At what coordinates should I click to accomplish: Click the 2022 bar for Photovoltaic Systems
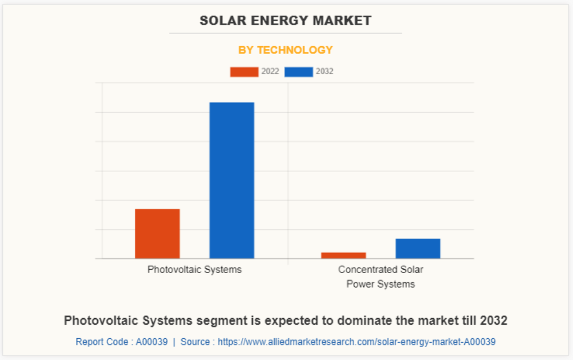coord(157,233)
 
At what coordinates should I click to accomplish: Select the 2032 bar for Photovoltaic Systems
coord(232,180)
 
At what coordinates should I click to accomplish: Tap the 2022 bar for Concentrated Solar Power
coord(344,255)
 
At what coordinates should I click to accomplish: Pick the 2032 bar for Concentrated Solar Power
coord(418,248)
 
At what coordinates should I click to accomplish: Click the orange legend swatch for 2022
coord(244,72)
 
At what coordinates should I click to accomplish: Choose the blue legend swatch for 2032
coord(298,72)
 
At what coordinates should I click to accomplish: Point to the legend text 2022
coord(270,72)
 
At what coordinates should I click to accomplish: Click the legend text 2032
coord(325,72)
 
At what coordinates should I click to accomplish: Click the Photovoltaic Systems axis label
coord(194,269)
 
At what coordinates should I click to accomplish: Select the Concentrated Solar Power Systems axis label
coord(380,277)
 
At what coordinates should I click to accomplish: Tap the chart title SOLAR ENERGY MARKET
coord(286,21)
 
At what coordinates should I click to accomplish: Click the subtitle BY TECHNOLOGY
coord(286,50)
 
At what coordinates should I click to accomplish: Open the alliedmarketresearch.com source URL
coord(356,342)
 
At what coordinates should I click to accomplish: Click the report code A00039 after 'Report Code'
coord(152,342)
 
